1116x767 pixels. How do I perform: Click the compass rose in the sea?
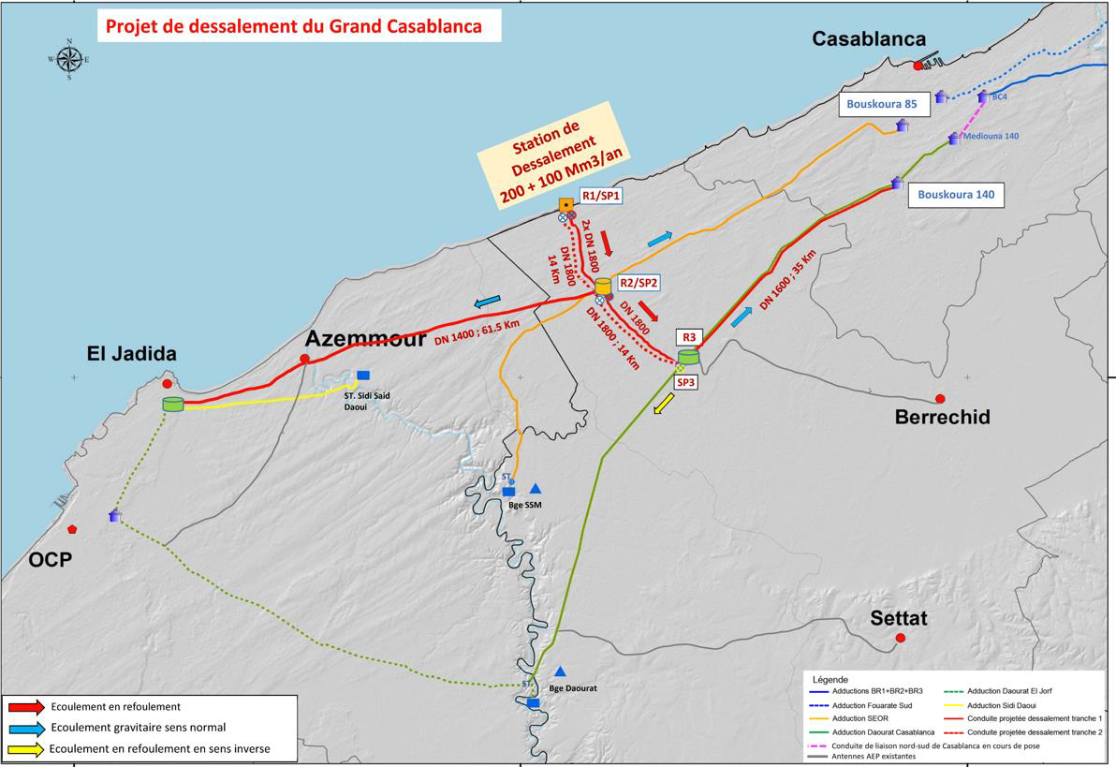[68, 59]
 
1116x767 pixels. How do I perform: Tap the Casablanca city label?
[868, 38]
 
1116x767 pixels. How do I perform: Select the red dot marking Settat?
[901, 638]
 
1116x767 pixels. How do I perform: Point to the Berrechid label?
[942, 418]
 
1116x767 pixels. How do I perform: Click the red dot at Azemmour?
[304, 359]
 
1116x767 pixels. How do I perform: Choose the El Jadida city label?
[132, 354]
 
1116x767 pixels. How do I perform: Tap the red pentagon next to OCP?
[72, 529]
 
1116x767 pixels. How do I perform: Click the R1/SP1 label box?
[601, 196]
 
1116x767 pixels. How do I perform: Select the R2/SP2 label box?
[639, 283]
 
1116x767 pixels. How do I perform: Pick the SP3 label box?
[685, 382]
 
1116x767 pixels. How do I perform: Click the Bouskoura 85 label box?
[885, 105]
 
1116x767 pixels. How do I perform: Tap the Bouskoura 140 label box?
[955, 195]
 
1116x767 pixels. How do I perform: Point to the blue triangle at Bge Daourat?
[560, 671]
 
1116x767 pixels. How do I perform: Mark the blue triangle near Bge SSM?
[536, 488]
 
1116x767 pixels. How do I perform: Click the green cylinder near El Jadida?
[172, 405]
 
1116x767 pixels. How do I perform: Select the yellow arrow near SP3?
[664, 404]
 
